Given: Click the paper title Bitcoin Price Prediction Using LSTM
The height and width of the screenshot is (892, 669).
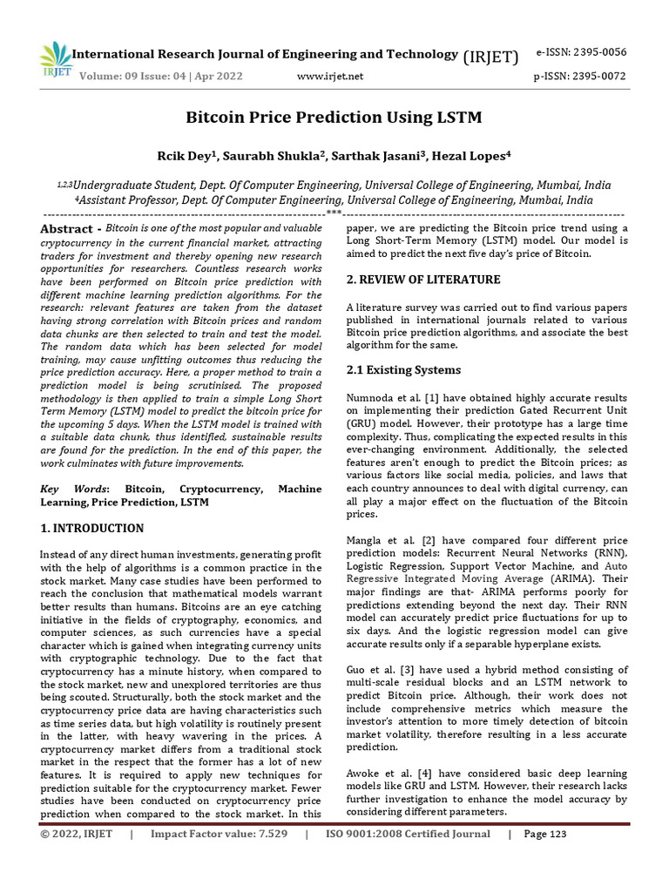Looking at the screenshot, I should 334,118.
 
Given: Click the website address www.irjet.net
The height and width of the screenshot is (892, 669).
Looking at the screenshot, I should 330,77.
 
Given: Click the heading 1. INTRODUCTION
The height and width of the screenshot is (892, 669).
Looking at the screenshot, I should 92,528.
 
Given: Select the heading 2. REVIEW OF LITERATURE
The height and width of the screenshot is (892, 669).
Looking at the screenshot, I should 422,280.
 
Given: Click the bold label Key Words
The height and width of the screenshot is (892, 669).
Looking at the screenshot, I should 73,490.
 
